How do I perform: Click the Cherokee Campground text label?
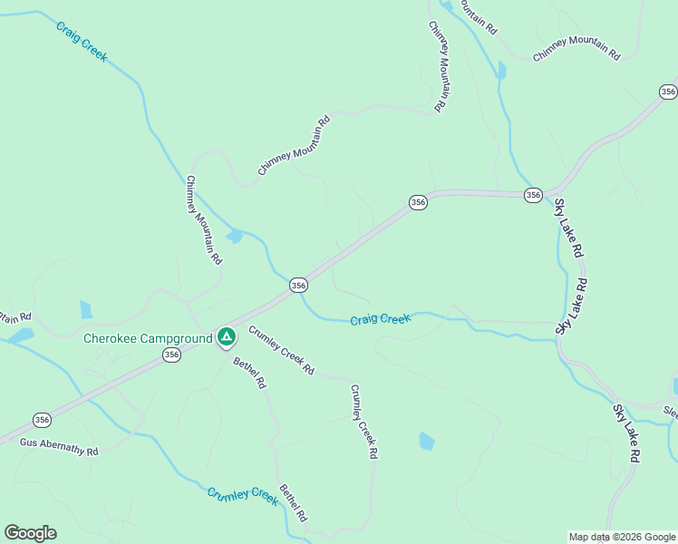[x=148, y=339]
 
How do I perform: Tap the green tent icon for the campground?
[x=227, y=338]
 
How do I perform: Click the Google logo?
[x=30, y=533]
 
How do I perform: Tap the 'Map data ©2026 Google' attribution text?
[x=622, y=537]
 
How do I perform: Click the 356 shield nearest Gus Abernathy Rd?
[x=42, y=419]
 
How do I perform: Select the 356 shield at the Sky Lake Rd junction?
[x=533, y=195]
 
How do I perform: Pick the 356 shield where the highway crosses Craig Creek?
[x=298, y=286]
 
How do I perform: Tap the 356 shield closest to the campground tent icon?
[x=172, y=356]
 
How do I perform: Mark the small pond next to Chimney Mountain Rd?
[x=235, y=237]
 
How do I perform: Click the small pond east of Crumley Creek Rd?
[x=426, y=442]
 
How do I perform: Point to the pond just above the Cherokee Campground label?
[x=86, y=310]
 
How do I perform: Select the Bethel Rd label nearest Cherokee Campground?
[x=249, y=373]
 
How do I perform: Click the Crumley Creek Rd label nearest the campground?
[x=281, y=350]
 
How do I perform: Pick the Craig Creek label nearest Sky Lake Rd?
[x=381, y=319]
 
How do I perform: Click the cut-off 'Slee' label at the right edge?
[x=670, y=411]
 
